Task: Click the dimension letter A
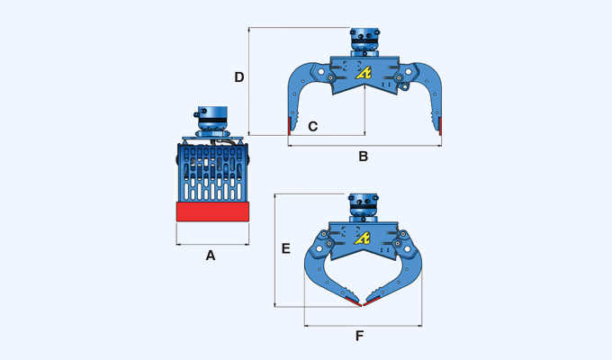[x=211, y=256]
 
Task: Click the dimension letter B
[x=363, y=157]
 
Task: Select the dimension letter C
[x=312, y=127]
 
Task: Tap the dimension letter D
[x=239, y=77]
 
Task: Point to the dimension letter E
[x=285, y=248]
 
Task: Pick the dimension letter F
[x=359, y=336]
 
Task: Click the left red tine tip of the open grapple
[x=290, y=126]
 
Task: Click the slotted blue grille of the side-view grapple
[x=211, y=175]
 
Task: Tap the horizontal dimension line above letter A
[x=211, y=243]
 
